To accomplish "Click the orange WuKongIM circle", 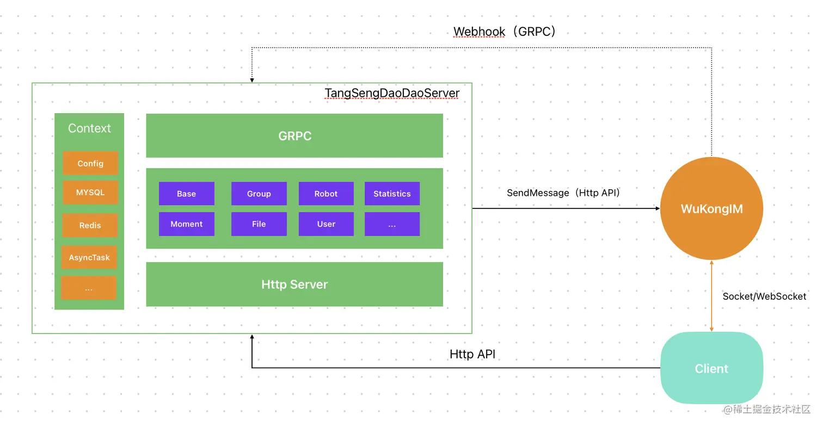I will [711, 209].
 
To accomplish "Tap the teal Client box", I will [711, 368].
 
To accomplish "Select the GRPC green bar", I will [294, 135].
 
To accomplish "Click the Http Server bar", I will [294, 284].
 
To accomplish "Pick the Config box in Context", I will [90, 163].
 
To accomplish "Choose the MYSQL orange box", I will [90, 193].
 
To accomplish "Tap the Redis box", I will [90, 225].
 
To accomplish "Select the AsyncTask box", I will [89, 257].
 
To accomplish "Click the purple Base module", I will [186, 194].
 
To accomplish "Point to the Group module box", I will [259, 194].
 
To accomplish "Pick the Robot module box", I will [326, 194].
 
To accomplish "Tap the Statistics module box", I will [392, 194].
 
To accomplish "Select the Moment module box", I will [186, 224].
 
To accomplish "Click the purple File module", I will [259, 224].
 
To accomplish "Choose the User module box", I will [326, 224].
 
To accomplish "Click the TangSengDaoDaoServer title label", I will [392, 93].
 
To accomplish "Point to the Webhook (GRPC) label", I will [505, 32].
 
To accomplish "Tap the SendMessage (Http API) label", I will [564, 193].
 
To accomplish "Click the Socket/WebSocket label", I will [764, 296].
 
